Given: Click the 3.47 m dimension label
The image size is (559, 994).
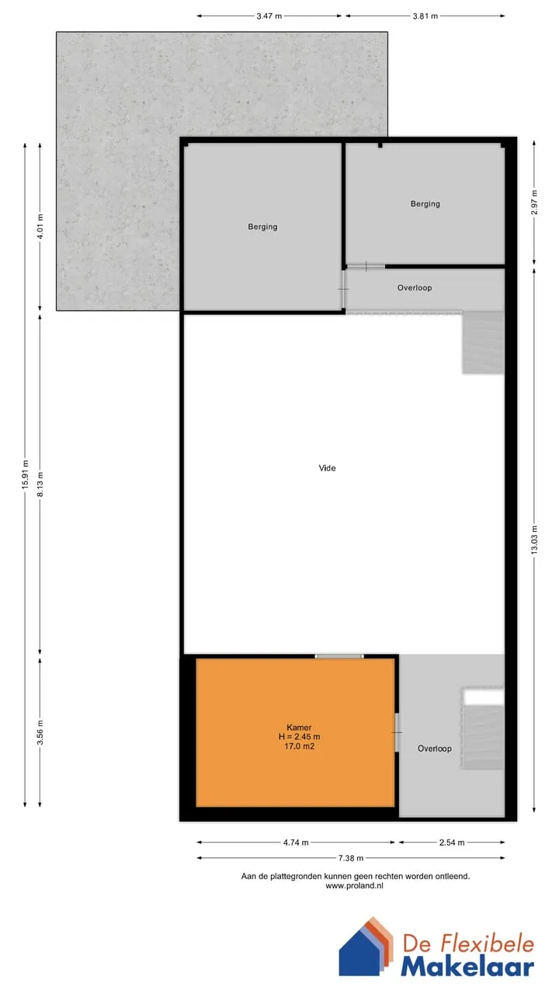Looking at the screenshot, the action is tap(269, 16).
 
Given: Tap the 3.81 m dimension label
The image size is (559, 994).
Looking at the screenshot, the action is tap(425, 16).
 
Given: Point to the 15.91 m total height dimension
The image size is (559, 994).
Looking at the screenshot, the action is tap(26, 474).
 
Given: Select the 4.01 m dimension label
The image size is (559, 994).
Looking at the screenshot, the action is tap(40, 226).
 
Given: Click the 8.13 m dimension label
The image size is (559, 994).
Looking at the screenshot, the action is tap(40, 485).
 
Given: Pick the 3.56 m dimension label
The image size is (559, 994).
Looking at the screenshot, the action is tap(40, 732).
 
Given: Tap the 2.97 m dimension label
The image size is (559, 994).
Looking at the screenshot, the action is tap(534, 203).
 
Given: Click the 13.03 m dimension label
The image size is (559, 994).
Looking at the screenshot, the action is tap(534, 540).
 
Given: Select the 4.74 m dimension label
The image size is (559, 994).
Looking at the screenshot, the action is tap(296, 843).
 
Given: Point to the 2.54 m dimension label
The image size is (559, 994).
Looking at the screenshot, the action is tap(452, 843).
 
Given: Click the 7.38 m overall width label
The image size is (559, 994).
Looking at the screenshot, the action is tap(350, 858).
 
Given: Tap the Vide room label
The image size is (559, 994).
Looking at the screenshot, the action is tap(327, 467).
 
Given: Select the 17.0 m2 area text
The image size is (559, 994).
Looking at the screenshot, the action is tap(300, 746).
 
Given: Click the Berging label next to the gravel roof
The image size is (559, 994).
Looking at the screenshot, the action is tap(262, 227).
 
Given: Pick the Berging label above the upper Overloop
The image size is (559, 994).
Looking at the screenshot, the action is tap(425, 204).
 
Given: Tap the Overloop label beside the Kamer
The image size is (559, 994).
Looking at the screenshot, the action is tap(434, 749).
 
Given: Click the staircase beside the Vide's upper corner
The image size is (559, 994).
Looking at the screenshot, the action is tap(483, 342).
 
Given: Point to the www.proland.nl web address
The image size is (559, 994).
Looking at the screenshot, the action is tap(355, 886).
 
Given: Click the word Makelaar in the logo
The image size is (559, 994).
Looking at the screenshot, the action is tap(467, 968).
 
